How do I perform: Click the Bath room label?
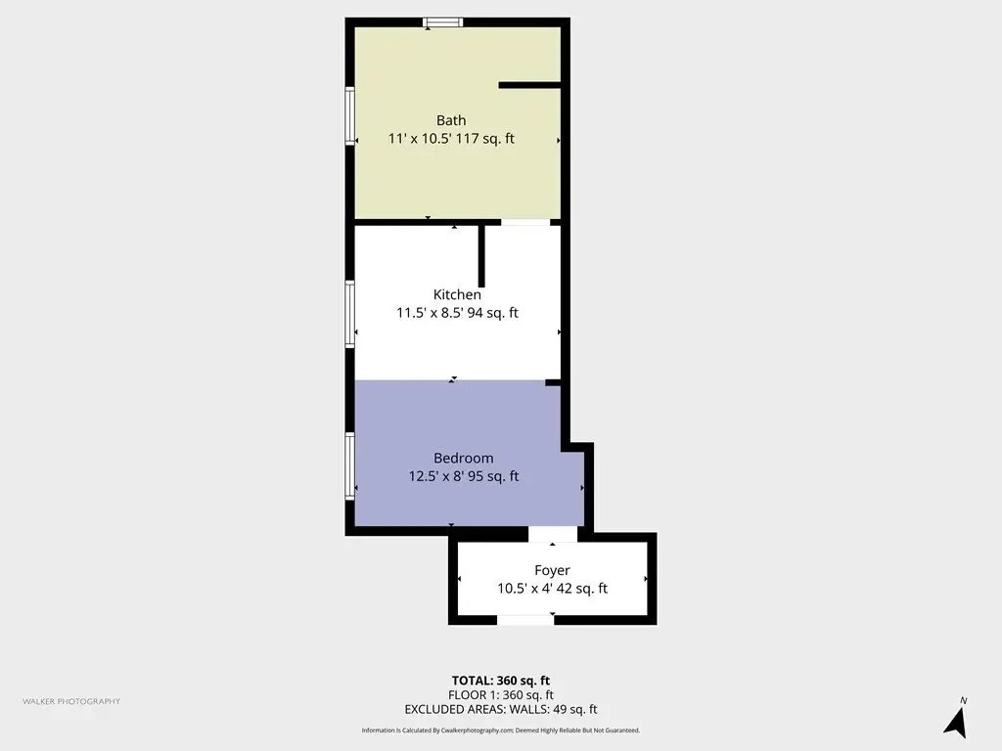click(451, 120)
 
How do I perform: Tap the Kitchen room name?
click(457, 294)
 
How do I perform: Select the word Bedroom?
click(463, 458)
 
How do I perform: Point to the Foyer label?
click(552, 570)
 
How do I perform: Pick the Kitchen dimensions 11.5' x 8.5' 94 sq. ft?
click(458, 313)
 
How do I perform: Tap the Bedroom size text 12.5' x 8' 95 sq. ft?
click(464, 476)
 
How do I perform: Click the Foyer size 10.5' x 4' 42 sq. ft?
click(553, 589)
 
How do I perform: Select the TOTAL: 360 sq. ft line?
click(501, 681)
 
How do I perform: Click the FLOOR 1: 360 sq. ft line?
click(501, 695)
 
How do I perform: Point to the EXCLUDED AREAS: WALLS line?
click(501, 710)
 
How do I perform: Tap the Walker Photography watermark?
click(71, 701)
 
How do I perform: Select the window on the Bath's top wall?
click(443, 22)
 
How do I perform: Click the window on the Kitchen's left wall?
click(349, 314)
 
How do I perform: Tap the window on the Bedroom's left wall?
click(349, 466)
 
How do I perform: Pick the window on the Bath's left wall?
click(349, 115)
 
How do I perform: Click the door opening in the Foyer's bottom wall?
click(525, 620)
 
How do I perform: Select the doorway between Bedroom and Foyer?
click(553, 534)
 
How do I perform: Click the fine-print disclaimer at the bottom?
click(501, 729)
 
